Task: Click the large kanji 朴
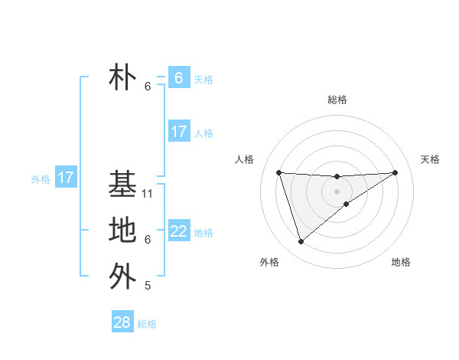(122, 78)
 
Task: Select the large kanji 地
(122, 230)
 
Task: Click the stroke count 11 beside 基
(148, 193)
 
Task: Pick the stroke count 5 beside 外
(148, 286)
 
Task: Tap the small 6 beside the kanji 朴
(148, 87)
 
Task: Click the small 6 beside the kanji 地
(148, 240)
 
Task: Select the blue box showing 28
(122, 322)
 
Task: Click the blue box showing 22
(179, 231)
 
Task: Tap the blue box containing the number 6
(179, 78)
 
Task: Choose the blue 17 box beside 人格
(179, 132)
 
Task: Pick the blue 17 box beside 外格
(66, 178)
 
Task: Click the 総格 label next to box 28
(147, 324)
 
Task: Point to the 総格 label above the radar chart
(337, 100)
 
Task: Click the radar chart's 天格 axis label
(431, 159)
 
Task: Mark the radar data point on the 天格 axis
(395, 172)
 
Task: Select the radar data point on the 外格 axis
(301, 242)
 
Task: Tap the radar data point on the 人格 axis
(278, 172)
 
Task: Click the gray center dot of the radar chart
(337, 191)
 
